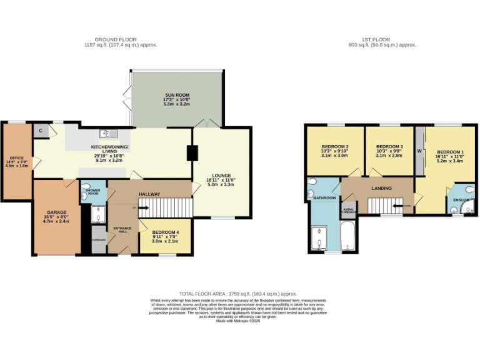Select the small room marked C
(x=41, y=130)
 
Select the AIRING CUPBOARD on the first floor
(x=349, y=211)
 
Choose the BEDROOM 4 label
(x=165, y=232)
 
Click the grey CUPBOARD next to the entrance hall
(x=99, y=239)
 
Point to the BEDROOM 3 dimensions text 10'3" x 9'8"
(x=389, y=151)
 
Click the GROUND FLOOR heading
(x=121, y=39)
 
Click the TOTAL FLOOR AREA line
(x=237, y=294)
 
